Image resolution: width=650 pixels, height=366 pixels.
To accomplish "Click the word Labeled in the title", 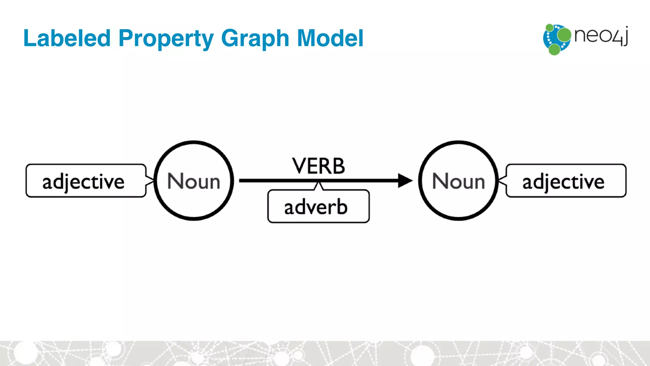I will coord(67,38).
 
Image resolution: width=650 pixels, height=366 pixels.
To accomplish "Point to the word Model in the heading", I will coord(330,38).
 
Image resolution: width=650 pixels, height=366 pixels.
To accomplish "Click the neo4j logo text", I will coord(601,36).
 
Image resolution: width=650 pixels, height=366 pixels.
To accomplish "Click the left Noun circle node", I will coord(194,180).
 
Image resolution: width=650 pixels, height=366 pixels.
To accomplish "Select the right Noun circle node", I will coord(458,180).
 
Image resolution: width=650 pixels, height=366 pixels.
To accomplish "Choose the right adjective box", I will coord(566,181).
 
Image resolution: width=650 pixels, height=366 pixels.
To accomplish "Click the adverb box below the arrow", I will coord(318,207).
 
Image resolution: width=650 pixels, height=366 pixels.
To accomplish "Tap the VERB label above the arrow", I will coord(318,166).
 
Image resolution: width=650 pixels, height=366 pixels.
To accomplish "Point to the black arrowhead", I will coord(405,180).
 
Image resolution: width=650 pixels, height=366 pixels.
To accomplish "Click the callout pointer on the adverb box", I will coord(318,186).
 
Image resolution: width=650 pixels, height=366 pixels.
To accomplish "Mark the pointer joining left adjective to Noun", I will coord(150,180).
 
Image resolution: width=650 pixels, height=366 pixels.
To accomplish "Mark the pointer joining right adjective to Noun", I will coord(502,180).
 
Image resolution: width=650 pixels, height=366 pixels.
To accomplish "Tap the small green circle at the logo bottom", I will coord(554,50).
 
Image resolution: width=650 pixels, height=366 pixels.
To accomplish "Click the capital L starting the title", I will coord(29,38).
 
